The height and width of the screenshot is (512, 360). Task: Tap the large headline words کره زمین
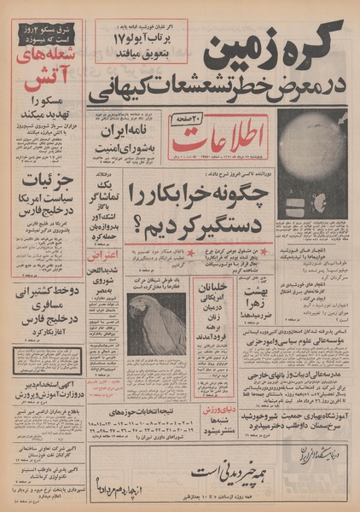tap(273, 55)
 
